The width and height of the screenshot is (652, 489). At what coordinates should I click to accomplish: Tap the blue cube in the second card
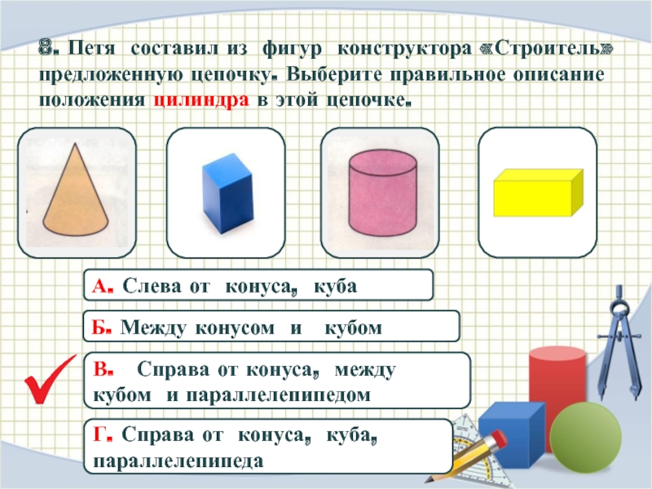tap(227, 193)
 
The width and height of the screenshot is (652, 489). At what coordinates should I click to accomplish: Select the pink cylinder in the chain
tap(382, 192)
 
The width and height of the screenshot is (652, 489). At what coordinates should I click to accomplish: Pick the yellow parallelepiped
tap(538, 192)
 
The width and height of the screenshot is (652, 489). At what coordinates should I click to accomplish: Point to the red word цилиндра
tap(201, 100)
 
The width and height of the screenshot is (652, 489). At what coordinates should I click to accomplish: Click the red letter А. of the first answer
tap(102, 286)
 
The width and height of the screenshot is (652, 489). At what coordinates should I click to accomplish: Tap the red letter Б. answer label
tap(101, 328)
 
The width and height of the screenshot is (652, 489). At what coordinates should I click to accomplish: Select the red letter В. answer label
tap(104, 369)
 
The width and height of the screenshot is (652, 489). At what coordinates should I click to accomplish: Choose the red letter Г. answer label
tap(103, 435)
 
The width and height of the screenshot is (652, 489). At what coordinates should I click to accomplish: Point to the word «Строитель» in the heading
tap(546, 49)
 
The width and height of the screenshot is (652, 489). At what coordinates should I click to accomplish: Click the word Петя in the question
tap(91, 49)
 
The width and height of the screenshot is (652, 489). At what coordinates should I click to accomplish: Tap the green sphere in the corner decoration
tap(585, 437)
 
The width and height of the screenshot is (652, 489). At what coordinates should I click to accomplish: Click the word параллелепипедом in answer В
tap(278, 394)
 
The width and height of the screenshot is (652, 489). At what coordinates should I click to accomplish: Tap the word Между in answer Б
tap(153, 328)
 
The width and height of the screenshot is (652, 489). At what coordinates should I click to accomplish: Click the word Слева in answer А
tap(152, 286)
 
